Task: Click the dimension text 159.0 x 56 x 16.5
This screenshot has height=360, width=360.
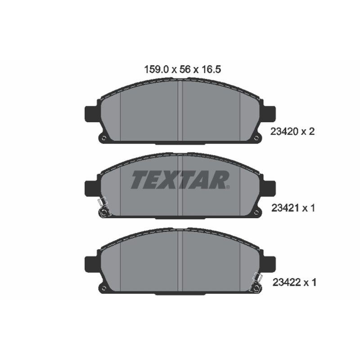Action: (183, 69)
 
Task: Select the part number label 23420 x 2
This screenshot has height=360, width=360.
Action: (292, 132)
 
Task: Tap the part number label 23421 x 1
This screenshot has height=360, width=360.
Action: (293, 208)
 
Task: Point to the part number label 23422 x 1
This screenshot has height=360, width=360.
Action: (294, 283)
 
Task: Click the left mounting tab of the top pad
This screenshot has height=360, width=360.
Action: (91, 114)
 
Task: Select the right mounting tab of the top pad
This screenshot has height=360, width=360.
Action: (269, 114)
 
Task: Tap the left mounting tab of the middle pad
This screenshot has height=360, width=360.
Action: (91, 189)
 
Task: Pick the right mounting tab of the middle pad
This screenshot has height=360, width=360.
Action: (269, 189)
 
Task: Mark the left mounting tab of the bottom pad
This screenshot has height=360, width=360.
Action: (91, 265)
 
